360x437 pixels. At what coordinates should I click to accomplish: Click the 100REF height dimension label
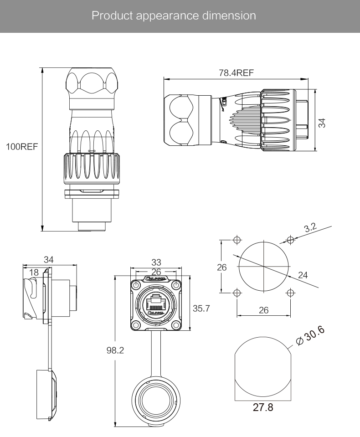tap(21, 147)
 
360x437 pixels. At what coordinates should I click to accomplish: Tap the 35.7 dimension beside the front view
tap(201, 308)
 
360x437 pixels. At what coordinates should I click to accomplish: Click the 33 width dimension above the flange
tap(156, 262)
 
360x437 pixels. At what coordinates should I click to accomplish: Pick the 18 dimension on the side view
tap(33, 272)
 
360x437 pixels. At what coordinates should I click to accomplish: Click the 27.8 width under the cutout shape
tap(263, 407)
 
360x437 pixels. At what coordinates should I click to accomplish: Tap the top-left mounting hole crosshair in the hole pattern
tap(237, 240)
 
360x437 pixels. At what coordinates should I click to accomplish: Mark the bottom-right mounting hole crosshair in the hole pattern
tap(290, 292)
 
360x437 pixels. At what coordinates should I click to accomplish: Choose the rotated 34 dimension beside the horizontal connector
tap(322, 123)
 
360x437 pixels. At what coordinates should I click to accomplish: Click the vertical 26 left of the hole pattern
tap(222, 267)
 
